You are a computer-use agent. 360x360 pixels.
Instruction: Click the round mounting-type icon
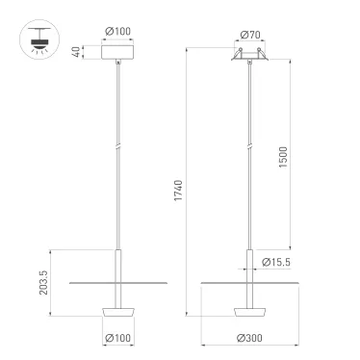(x=38, y=39)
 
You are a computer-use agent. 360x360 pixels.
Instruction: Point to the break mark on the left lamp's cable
(x=117, y=145)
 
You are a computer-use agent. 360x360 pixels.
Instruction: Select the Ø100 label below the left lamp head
(x=117, y=337)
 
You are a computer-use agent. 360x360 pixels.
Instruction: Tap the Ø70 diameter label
(x=248, y=36)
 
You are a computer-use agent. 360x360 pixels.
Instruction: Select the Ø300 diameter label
(x=248, y=337)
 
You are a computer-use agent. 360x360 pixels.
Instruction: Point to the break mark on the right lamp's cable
(x=248, y=145)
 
